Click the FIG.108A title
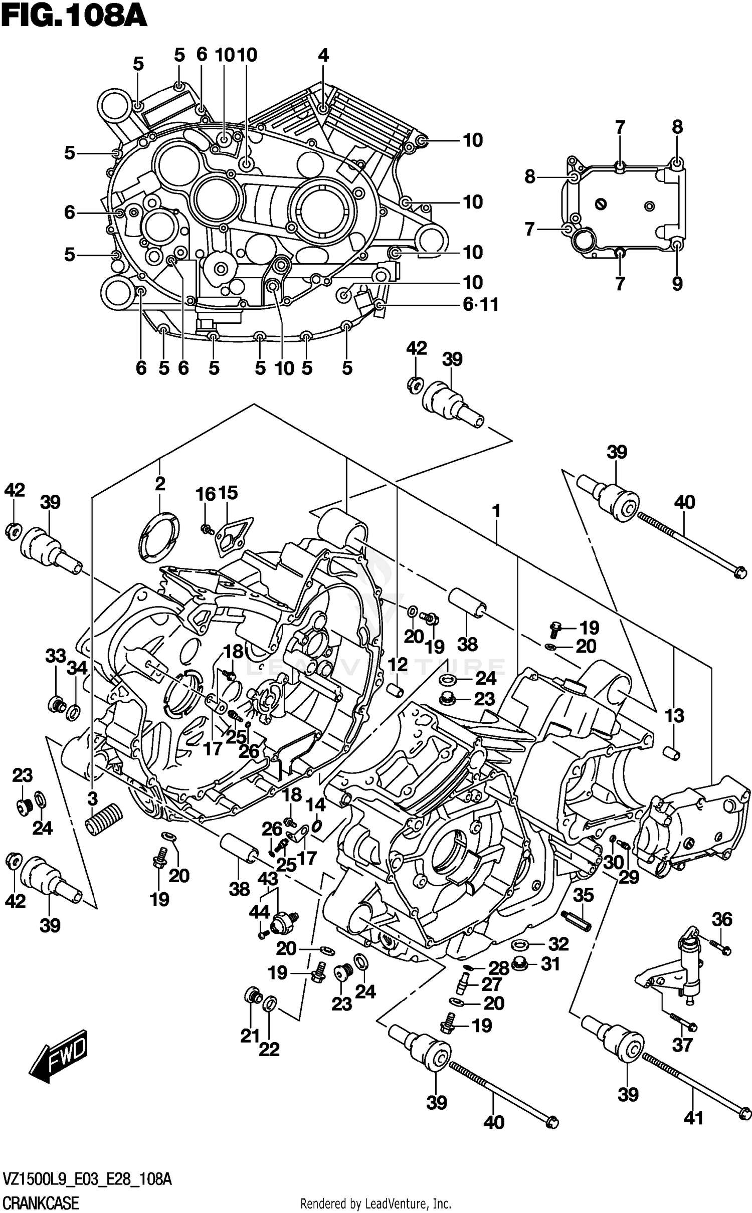point(74,17)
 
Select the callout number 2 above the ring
point(160,484)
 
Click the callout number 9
point(677,284)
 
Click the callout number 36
point(722,919)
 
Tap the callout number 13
point(674,716)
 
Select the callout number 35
point(583,895)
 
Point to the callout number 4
point(323,55)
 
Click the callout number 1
point(496,512)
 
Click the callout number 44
point(260,912)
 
